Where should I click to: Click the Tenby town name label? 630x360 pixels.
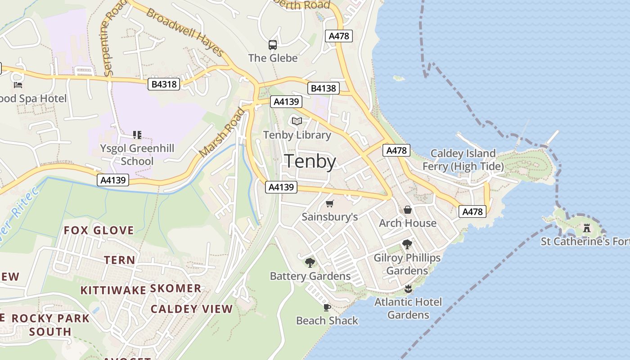(x=310, y=162)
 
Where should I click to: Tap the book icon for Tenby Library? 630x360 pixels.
(x=297, y=121)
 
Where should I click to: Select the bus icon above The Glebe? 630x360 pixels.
(x=273, y=45)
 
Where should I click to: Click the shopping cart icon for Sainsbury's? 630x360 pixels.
(x=330, y=203)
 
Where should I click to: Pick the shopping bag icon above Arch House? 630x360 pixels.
(x=408, y=210)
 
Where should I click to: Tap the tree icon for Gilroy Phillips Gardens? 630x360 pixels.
(x=407, y=244)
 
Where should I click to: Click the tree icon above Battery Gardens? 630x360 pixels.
(x=310, y=262)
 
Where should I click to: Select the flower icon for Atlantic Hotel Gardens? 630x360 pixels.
(x=408, y=288)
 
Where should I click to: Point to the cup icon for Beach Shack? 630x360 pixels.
(x=327, y=307)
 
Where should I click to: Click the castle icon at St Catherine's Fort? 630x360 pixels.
(x=586, y=228)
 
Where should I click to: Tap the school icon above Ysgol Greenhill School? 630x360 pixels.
(x=137, y=135)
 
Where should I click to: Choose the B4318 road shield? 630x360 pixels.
(x=164, y=84)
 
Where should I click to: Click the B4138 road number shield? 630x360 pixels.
(x=324, y=88)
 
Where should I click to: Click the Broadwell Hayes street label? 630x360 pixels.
(x=185, y=32)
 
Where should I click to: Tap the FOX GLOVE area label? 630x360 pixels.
(x=99, y=230)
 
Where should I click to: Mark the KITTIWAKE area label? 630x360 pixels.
(x=113, y=290)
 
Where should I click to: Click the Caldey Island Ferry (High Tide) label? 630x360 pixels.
(x=463, y=160)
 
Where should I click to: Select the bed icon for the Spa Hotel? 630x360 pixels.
(x=18, y=85)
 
